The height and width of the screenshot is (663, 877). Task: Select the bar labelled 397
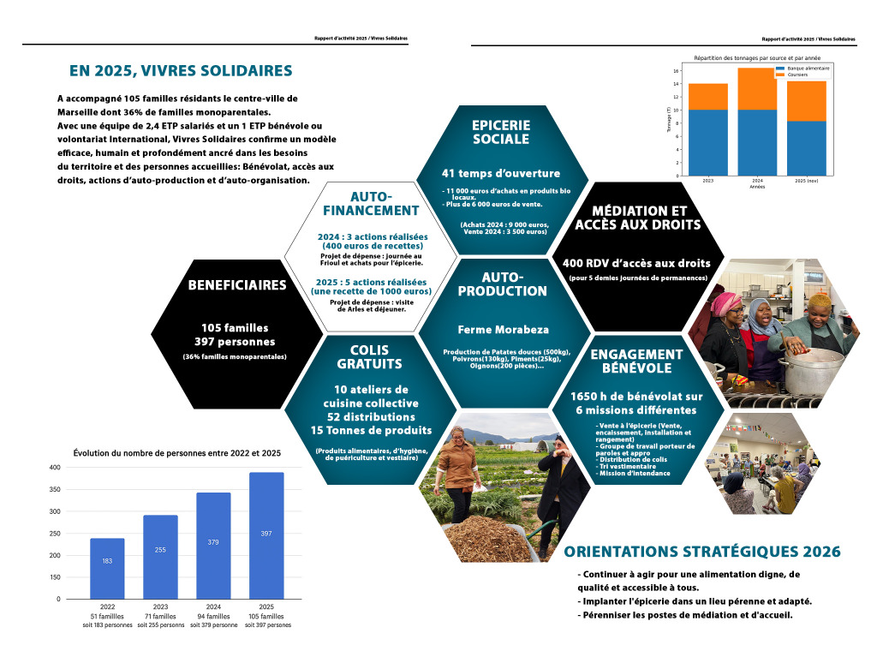(266, 535)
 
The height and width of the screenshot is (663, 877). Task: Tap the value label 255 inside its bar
(160, 549)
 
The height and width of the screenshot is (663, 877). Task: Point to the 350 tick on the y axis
(55, 489)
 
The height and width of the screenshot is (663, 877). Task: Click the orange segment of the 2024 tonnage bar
(757, 88)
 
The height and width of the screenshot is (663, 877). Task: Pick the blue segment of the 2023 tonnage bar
(707, 142)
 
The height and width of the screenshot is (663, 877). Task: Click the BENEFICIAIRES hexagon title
(225, 285)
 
